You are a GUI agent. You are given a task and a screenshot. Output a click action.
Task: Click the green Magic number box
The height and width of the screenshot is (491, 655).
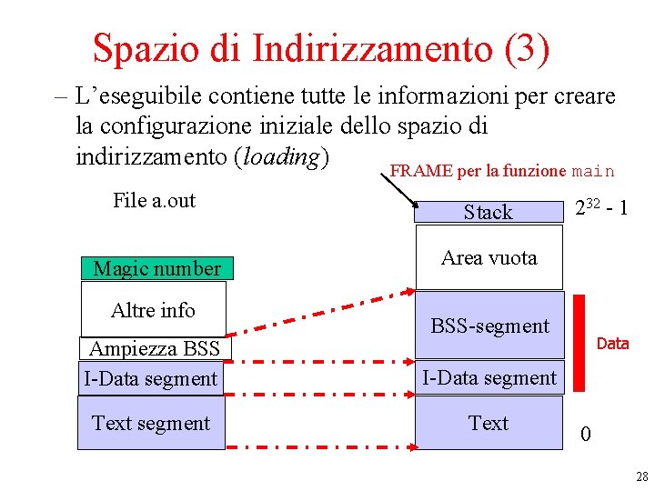[156, 268]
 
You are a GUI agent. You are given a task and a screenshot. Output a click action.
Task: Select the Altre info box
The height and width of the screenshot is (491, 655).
[153, 310]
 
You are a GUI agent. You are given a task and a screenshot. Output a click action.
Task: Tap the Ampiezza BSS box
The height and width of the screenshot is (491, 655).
[155, 349]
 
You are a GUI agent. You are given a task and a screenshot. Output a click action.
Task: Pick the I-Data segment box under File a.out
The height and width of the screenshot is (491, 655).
[151, 378]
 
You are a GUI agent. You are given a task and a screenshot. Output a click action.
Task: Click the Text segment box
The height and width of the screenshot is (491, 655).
[151, 424]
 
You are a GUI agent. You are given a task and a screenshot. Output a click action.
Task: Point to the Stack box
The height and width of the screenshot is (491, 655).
[489, 212]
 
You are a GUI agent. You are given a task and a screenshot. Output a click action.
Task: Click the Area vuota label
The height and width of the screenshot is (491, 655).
[489, 257]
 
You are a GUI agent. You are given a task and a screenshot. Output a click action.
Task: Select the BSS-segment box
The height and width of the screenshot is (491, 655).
[489, 326]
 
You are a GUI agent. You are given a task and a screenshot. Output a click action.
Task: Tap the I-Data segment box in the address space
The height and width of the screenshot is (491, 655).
[489, 378]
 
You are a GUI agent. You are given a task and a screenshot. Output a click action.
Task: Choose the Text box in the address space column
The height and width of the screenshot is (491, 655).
[489, 424]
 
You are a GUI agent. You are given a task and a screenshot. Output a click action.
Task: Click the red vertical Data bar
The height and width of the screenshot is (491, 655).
[579, 342]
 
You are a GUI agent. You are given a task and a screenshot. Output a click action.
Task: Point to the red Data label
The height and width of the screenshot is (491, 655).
[612, 344]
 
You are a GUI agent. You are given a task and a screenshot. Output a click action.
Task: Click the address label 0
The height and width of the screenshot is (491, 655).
[585, 435]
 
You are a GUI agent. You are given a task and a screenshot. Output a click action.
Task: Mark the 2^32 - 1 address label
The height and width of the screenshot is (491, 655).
[600, 210]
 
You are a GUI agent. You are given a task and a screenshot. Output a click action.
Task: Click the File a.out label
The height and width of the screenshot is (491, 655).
[154, 200]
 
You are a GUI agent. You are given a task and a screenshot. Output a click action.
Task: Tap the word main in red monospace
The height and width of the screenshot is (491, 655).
[596, 171]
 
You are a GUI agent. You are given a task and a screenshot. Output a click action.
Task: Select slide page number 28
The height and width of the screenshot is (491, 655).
[642, 476]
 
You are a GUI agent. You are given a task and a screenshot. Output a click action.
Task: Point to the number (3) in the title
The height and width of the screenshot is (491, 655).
[526, 48]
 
